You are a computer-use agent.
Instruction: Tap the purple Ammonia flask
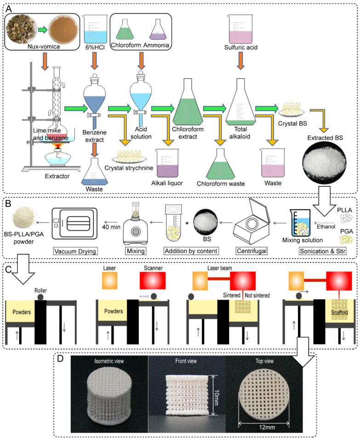coord(158,32)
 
